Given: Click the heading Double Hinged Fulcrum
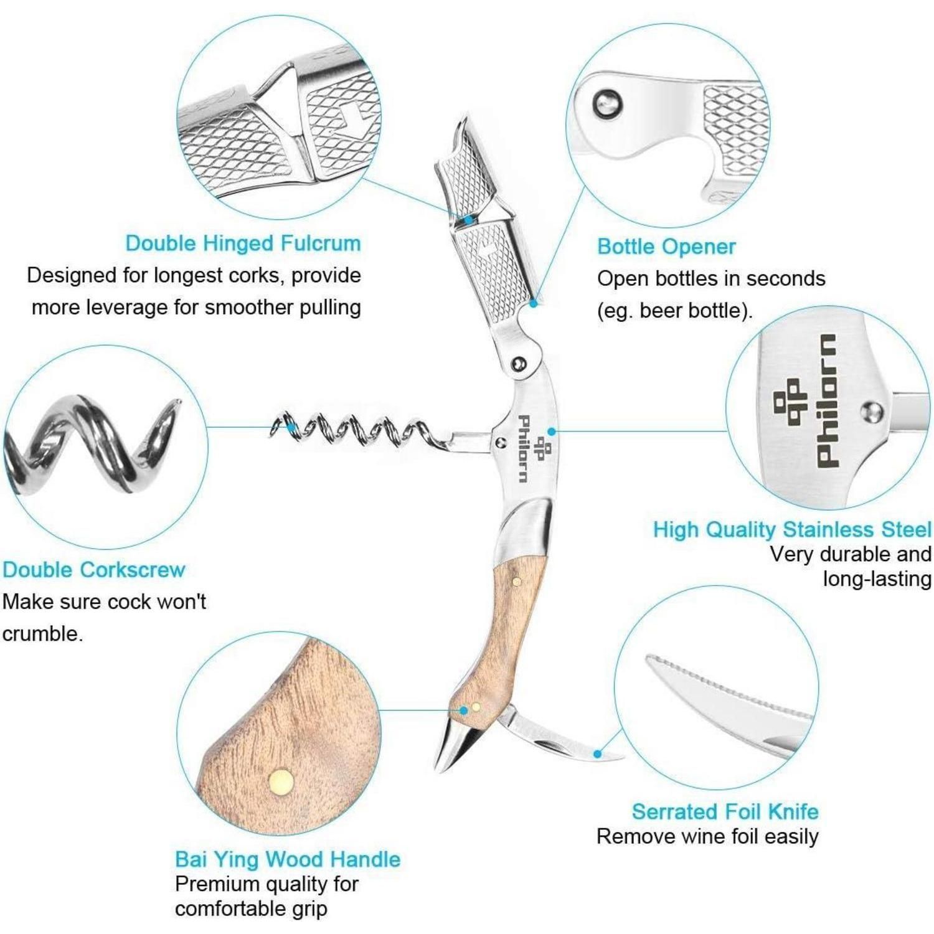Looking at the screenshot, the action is pos(243,243).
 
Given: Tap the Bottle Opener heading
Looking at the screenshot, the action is pos(666,247).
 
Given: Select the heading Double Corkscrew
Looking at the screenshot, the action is pos(93,570).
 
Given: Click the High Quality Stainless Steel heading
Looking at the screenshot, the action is pos(792,530).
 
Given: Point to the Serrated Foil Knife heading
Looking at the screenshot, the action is pos(725,811).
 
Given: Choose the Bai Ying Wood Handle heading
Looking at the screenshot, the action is pos(288,859).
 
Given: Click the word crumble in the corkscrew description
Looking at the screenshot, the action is pos(42,634).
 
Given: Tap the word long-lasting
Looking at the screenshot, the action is pos(877,579).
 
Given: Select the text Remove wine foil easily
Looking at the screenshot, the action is pos(707,836).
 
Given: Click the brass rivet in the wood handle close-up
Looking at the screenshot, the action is pos(281,781).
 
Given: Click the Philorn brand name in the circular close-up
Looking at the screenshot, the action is pos(826,400).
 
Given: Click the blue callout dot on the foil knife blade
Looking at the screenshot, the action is pos(597,753).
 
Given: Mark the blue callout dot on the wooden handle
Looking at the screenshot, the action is pos(463,710).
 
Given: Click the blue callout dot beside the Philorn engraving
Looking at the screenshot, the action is pos(551,431).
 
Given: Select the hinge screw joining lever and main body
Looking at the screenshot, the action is pos(519,363).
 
